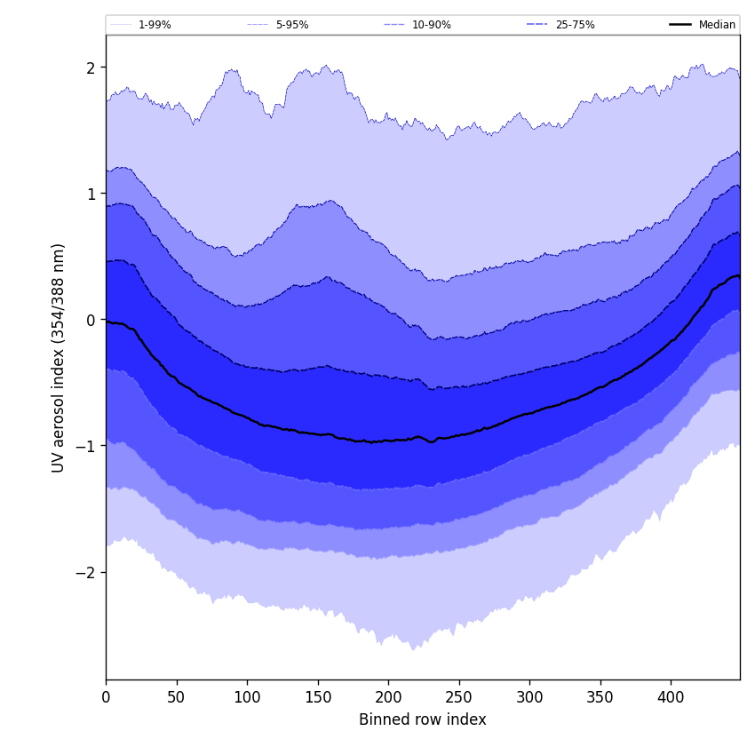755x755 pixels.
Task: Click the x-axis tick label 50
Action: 177,697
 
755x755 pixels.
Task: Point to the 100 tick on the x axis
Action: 247,697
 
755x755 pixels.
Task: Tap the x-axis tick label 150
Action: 318,697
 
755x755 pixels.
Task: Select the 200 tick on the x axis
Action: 388,697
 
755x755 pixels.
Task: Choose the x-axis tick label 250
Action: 459,697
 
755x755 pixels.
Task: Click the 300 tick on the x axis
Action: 529,697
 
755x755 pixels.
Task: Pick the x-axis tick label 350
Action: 600,697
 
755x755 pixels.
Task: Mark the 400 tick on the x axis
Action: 671,697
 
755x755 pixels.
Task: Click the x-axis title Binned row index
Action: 423,719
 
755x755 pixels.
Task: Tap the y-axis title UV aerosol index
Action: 59,357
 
